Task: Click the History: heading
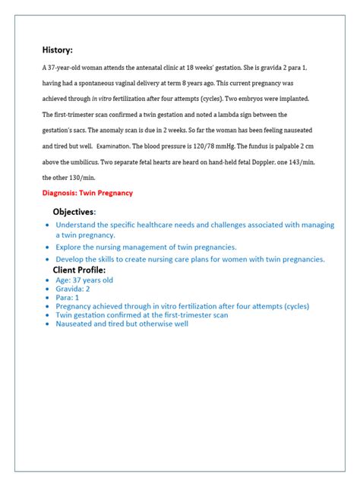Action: coord(57,50)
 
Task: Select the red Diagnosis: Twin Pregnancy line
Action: coord(87,193)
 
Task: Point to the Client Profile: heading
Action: coord(79,270)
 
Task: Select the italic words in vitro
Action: coord(104,99)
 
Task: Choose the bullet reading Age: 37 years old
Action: coord(84,279)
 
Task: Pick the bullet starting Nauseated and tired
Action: coord(122,324)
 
